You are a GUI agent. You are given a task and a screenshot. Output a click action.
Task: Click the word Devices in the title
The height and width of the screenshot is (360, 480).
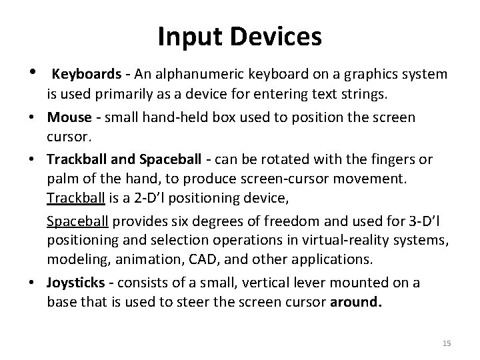275,37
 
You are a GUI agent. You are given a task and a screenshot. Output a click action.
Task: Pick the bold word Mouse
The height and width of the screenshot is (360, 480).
69,117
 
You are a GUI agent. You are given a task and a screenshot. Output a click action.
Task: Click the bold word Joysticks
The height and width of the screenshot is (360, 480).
73,283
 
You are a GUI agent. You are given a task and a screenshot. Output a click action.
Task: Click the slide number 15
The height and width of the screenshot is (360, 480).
446,343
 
